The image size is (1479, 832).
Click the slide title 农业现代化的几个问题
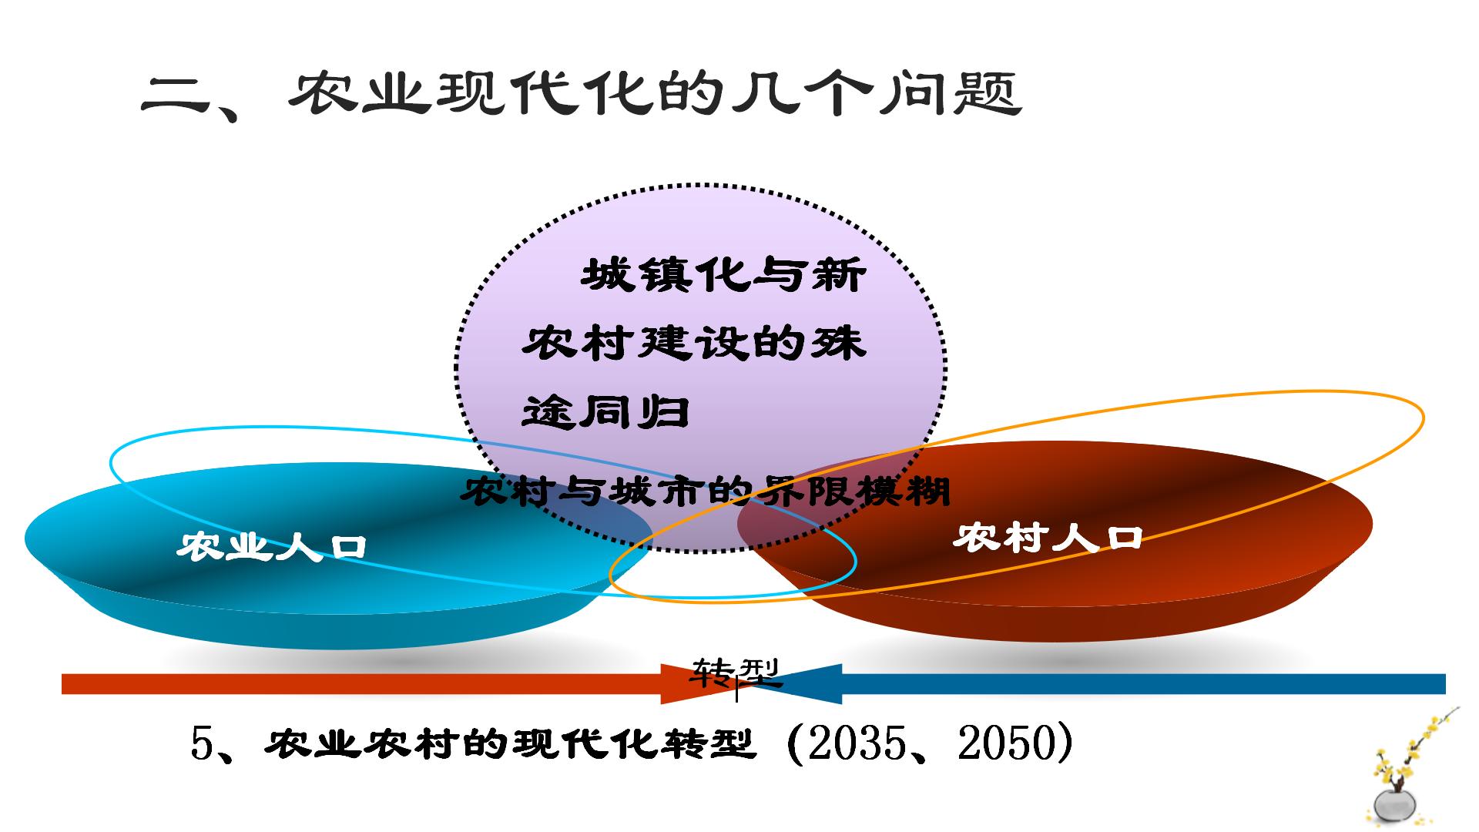click(582, 95)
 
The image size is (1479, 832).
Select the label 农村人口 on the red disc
click(1048, 538)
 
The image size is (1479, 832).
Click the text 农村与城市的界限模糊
click(705, 491)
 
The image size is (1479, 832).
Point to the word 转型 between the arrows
click(736, 673)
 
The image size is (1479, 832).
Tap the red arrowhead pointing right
click(697, 683)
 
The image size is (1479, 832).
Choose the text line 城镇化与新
click(723, 275)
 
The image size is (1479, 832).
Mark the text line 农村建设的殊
click(694, 343)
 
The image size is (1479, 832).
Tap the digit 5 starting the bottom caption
click(201, 744)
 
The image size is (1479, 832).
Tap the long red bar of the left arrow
click(361, 684)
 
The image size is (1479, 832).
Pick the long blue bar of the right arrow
click(1144, 684)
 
